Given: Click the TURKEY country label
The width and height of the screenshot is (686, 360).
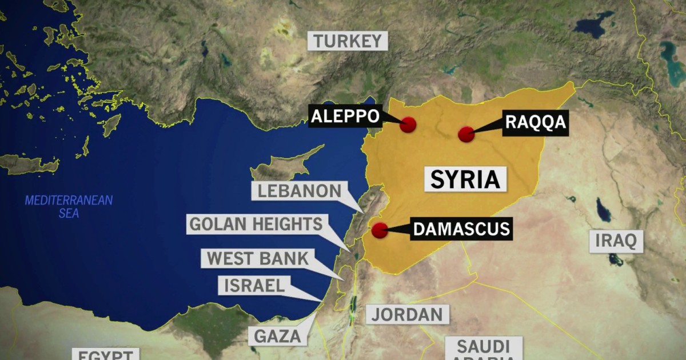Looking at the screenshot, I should click(347, 41).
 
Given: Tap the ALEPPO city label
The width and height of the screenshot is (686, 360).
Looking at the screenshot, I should click(345, 117).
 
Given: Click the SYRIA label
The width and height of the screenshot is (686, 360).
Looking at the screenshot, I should click(465, 179).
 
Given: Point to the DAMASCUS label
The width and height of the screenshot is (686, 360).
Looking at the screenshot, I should click(461, 229).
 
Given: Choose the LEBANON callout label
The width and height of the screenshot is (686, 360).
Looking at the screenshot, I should click(299, 191).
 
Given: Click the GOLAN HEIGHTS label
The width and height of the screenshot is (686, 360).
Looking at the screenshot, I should click(256, 224).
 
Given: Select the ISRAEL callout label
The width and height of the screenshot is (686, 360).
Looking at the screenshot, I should click(254, 285).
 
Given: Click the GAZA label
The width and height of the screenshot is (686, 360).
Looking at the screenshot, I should click(277, 336).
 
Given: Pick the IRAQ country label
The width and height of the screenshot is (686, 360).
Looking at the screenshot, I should click(616, 241).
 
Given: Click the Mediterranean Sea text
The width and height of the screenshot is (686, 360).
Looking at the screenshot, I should click(69, 207).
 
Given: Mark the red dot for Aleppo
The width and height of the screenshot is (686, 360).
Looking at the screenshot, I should click(408, 125).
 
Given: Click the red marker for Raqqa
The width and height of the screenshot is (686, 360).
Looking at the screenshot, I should click(466, 134).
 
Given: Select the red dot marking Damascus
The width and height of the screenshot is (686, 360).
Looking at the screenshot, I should click(379, 230).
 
